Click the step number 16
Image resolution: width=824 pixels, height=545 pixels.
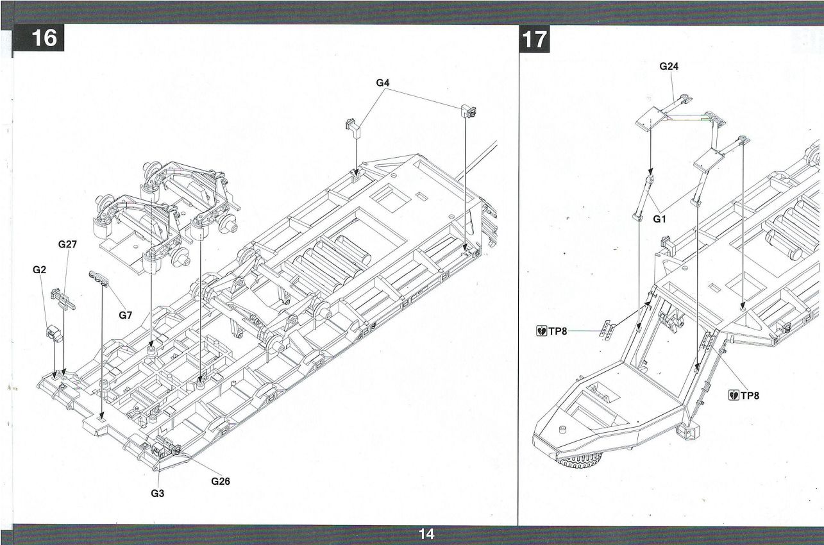point(44,39)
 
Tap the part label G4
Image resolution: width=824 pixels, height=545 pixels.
point(383,83)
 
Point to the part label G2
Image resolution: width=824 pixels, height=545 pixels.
point(40,270)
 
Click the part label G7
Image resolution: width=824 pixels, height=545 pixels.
point(125,315)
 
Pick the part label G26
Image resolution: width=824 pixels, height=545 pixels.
point(221,482)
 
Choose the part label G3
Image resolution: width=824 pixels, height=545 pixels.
point(157,494)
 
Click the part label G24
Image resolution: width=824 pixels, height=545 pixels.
point(669,66)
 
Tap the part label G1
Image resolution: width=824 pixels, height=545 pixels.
point(660,219)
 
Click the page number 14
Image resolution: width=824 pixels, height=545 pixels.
point(426,534)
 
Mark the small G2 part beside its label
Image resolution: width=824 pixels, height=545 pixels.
point(53,333)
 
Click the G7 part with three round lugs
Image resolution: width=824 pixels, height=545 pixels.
point(100,276)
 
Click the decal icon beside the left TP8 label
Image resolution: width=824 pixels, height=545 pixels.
point(541,331)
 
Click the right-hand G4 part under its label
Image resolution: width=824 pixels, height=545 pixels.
point(467,111)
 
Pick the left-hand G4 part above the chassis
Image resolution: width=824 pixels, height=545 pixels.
point(353,126)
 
